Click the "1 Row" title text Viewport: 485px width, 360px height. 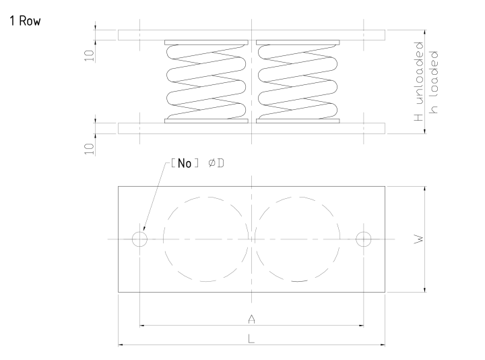tap(25, 21)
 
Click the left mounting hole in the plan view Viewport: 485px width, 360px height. tap(139, 239)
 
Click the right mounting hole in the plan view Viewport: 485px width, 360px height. tap(364, 239)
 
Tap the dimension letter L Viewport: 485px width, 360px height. tap(251, 339)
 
